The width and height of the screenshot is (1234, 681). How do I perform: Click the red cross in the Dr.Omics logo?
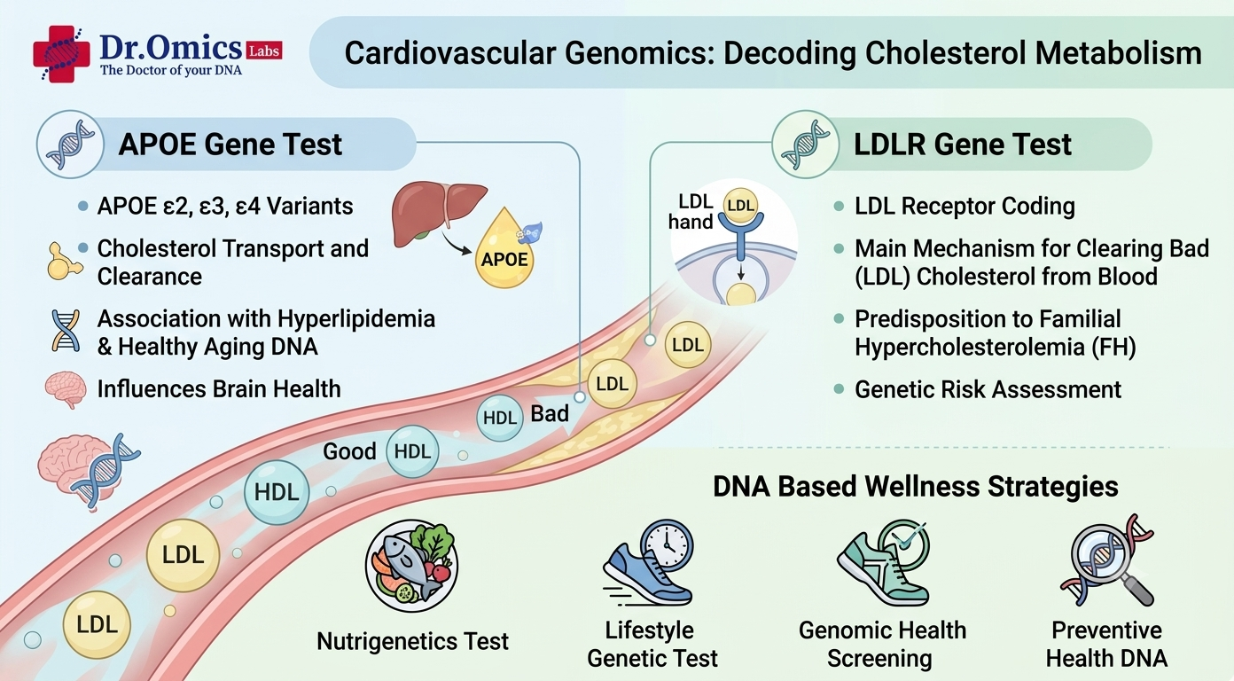pos(61,54)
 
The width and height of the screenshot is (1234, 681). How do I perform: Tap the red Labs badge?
pos(264,51)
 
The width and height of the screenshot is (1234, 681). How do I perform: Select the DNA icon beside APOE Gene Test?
pos(70,145)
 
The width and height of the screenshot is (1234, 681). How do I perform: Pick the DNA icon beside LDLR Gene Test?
pos(806,145)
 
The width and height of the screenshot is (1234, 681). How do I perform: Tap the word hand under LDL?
pos(691,222)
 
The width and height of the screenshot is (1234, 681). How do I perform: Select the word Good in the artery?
pos(350,452)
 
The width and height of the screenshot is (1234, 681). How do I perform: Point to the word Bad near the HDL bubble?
pos(550,414)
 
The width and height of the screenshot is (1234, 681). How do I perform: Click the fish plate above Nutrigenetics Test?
pos(411,566)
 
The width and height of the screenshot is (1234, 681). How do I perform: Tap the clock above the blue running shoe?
pos(668,545)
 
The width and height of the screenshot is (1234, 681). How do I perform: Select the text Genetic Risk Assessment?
pos(988,389)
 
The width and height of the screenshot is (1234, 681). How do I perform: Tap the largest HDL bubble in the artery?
pos(277,492)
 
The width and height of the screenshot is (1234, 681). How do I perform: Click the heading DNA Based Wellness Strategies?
pos(916,487)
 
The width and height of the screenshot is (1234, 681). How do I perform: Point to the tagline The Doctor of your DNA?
pos(171,71)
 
